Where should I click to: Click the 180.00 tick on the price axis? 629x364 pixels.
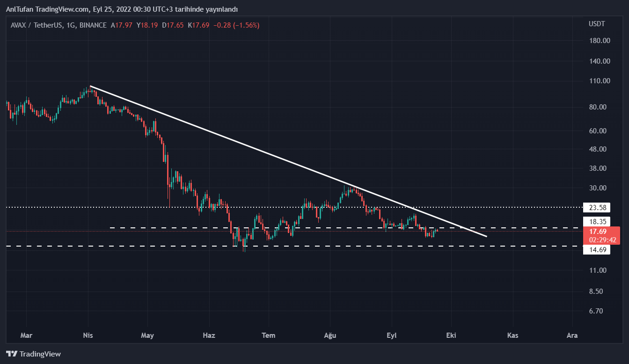point(600,41)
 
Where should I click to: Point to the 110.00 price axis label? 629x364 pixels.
point(600,81)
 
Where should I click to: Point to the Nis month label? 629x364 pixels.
point(88,335)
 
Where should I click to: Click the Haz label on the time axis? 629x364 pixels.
point(209,335)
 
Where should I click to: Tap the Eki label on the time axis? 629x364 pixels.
point(451,335)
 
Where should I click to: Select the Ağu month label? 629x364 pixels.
point(330,335)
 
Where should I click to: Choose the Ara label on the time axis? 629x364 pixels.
point(572,335)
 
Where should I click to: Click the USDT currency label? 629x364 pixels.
point(597,24)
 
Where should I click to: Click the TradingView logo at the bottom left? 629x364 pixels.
point(33,354)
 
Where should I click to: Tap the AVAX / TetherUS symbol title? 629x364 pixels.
point(37,25)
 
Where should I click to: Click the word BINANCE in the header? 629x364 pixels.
point(93,25)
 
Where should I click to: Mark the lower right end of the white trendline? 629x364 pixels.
point(486,236)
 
